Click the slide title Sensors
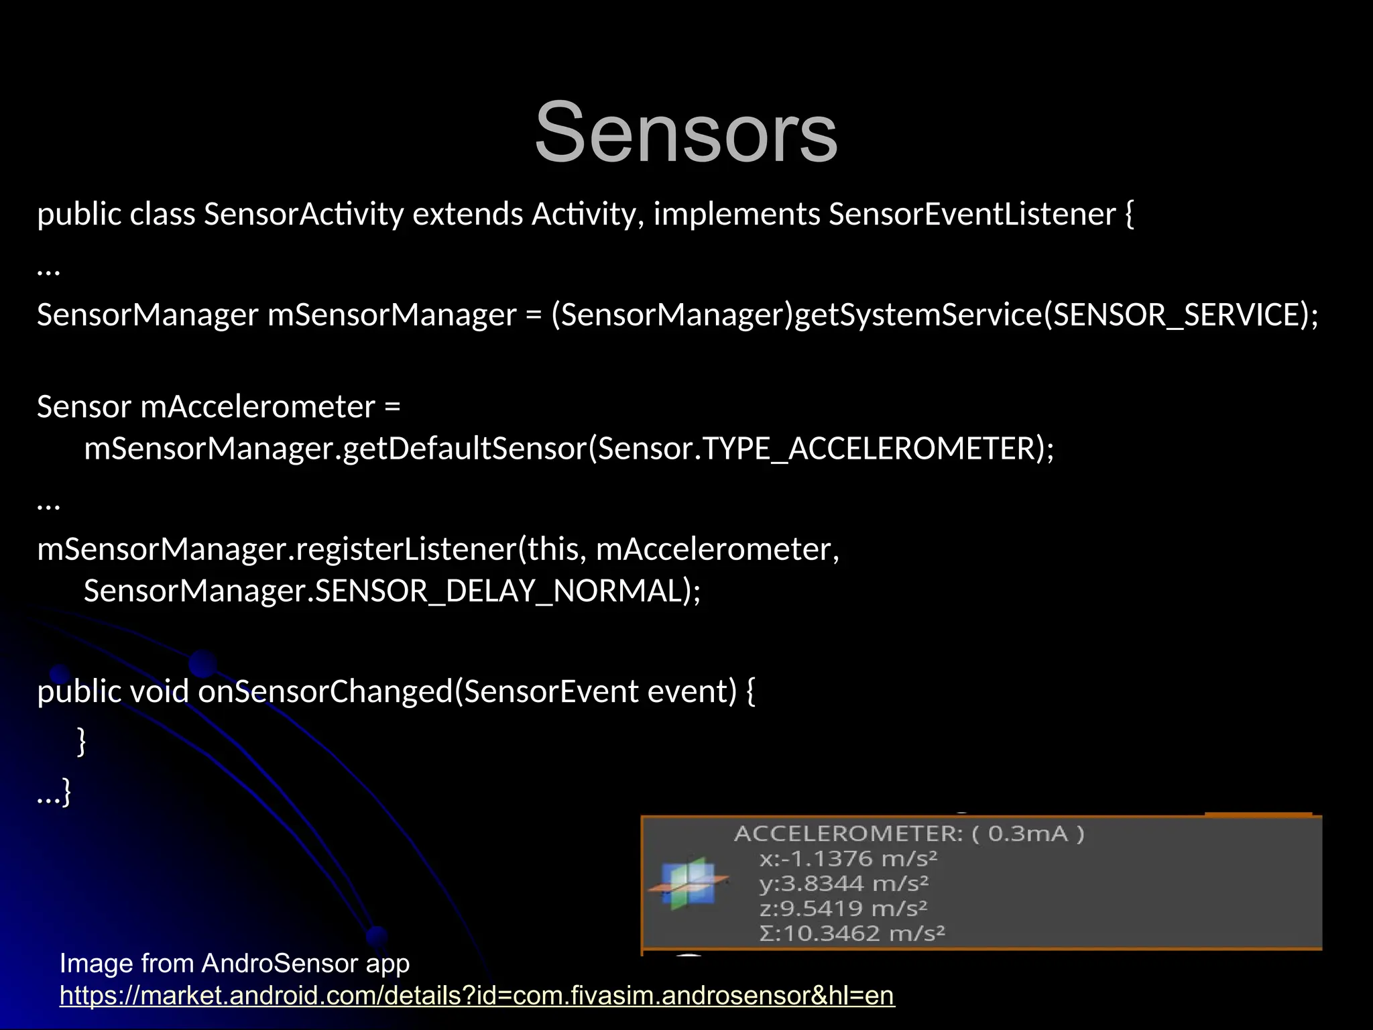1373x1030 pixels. coord(686,132)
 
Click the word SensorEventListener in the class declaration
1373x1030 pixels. coord(972,215)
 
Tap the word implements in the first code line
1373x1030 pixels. coord(737,215)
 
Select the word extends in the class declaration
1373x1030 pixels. coord(467,215)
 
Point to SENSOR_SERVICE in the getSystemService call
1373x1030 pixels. coord(1176,315)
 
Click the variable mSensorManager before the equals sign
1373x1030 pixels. coord(392,315)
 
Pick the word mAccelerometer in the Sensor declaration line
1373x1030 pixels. coord(257,407)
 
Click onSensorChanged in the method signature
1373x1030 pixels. coord(326,691)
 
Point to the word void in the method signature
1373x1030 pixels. coord(159,691)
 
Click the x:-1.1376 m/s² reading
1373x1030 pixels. coord(848,859)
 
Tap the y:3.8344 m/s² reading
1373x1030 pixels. coord(844,884)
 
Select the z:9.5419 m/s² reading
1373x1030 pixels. coord(843,909)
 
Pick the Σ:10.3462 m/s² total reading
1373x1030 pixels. coord(852,933)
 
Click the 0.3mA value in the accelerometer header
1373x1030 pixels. coord(1027,834)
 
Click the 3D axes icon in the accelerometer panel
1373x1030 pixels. coord(689,884)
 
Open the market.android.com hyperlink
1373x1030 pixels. coord(477,996)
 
